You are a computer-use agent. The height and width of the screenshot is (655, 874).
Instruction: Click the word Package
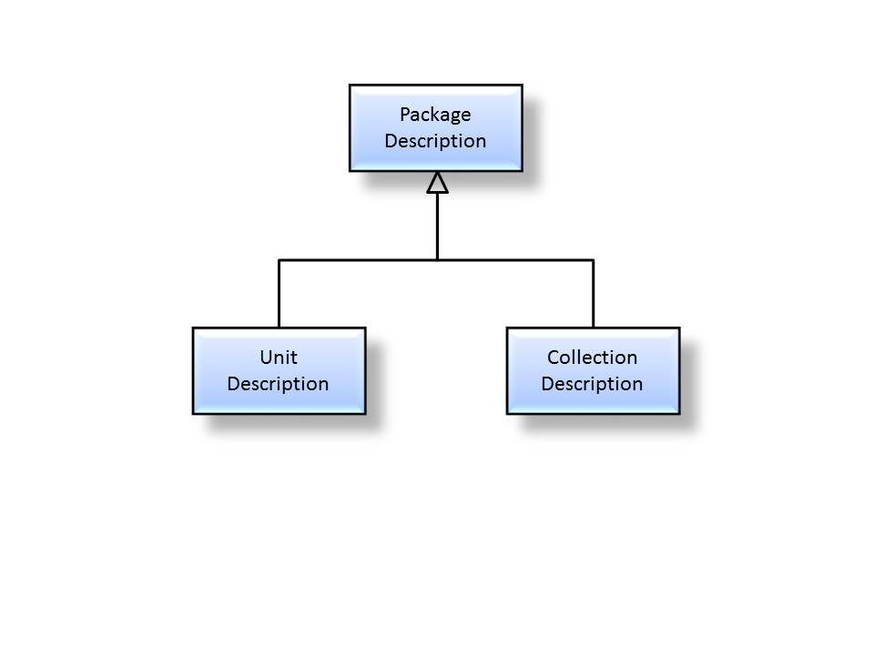[x=435, y=115]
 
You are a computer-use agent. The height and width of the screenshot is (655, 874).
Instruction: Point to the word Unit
[x=279, y=357]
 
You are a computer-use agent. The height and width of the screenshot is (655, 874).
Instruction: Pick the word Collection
[x=592, y=357]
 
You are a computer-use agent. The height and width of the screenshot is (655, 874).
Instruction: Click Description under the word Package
[x=435, y=141]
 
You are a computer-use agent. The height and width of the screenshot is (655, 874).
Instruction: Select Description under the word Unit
[x=278, y=384]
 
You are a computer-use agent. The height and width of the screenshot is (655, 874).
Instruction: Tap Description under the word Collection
[x=592, y=384]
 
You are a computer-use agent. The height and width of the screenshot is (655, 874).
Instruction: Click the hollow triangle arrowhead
[x=438, y=183]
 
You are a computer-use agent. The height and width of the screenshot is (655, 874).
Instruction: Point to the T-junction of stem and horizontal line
[x=438, y=260]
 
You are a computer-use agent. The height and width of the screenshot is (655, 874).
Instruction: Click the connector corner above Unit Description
[x=279, y=260]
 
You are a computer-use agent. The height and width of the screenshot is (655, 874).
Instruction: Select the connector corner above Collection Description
[x=594, y=260]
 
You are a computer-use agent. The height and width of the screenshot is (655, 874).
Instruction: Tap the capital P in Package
[x=405, y=115]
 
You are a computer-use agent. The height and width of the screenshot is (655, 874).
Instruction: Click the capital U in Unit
[x=266, y=357]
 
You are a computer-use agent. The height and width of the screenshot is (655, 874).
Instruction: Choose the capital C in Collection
[x=553, y=357]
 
